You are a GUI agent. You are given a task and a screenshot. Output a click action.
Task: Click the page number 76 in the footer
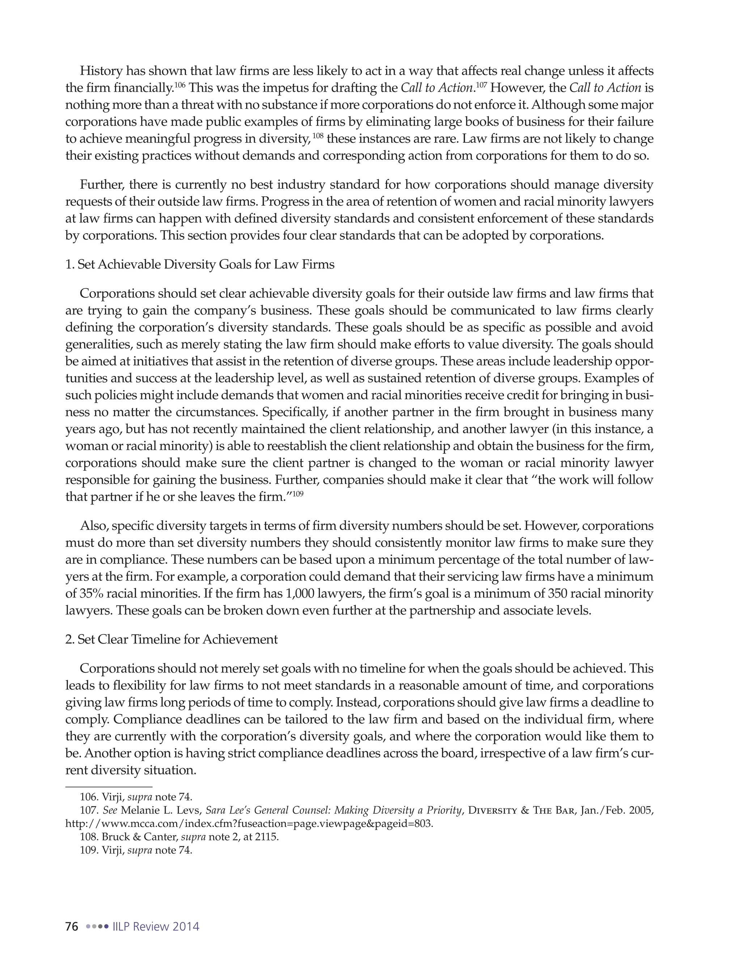click(x=72, y=927)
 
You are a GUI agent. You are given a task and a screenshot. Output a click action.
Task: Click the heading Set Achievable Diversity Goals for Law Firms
click(x=206, y=265)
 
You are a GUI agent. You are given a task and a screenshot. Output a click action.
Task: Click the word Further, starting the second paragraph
click(x=101, y=185)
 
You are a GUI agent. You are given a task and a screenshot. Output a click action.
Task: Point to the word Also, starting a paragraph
click(x=93, y=526)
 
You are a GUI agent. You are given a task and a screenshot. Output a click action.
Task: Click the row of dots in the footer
click(x=97, y=927)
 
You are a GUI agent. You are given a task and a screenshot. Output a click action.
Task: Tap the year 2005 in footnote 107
click(x=641, y=810)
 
